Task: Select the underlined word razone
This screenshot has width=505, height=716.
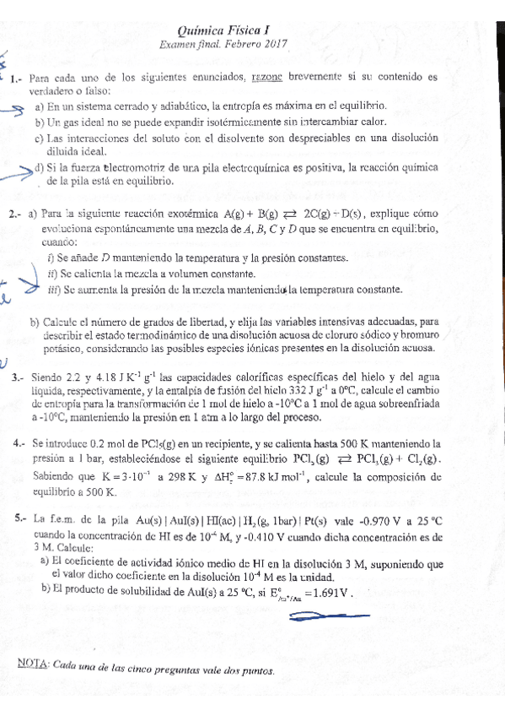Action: click(268, 78)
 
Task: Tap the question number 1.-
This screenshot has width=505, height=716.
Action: click(16, 79)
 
